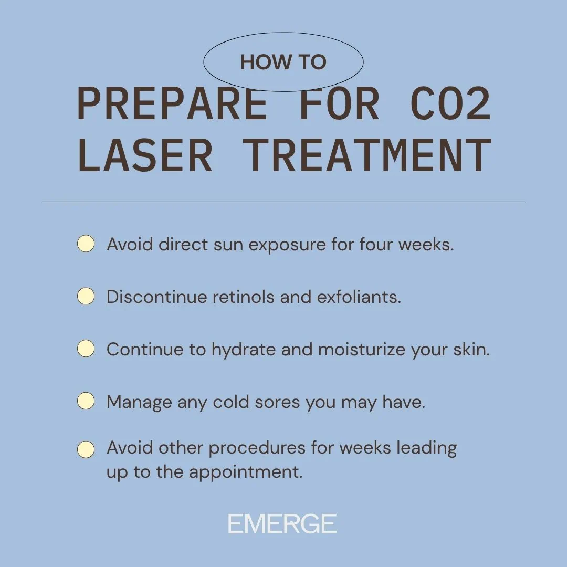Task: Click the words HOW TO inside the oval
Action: (283, 62)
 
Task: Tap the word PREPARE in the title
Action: (172, 104)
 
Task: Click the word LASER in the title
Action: (145, 156)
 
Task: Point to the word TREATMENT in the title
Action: (369, 156)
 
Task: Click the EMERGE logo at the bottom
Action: (282, 524)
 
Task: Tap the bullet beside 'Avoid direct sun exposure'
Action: (86, 244)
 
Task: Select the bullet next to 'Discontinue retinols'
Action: (86, 297)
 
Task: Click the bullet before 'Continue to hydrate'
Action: (86, 349)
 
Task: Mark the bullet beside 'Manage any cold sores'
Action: (86, 402)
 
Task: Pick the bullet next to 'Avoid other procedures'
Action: (86, 449)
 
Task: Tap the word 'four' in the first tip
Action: (376, 245)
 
